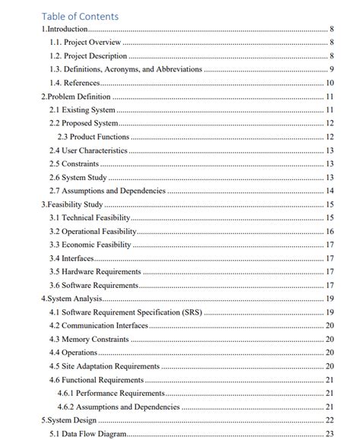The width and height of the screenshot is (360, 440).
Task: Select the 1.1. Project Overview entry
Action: point(85,43)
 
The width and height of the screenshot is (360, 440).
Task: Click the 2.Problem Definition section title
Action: point(76,97)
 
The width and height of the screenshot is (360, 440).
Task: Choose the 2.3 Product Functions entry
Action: point(93,137)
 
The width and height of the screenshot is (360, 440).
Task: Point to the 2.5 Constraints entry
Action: point(74,163)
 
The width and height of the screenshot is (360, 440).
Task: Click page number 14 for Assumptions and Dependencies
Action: point(330,191)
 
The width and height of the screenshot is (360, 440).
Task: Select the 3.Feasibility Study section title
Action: point(71,204)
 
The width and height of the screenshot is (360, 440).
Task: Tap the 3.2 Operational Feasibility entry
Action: point(93,231)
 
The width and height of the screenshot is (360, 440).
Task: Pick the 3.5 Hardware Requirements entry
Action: point(95,271)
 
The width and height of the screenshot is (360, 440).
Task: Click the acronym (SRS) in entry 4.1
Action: point(191,312)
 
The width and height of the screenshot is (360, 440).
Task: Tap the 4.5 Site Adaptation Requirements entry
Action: point(104,366)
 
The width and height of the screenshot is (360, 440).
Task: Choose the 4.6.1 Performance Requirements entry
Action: point(111,393)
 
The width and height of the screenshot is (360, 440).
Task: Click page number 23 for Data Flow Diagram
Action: point(330,433)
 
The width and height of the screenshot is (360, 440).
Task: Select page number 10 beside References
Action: point(330,83)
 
